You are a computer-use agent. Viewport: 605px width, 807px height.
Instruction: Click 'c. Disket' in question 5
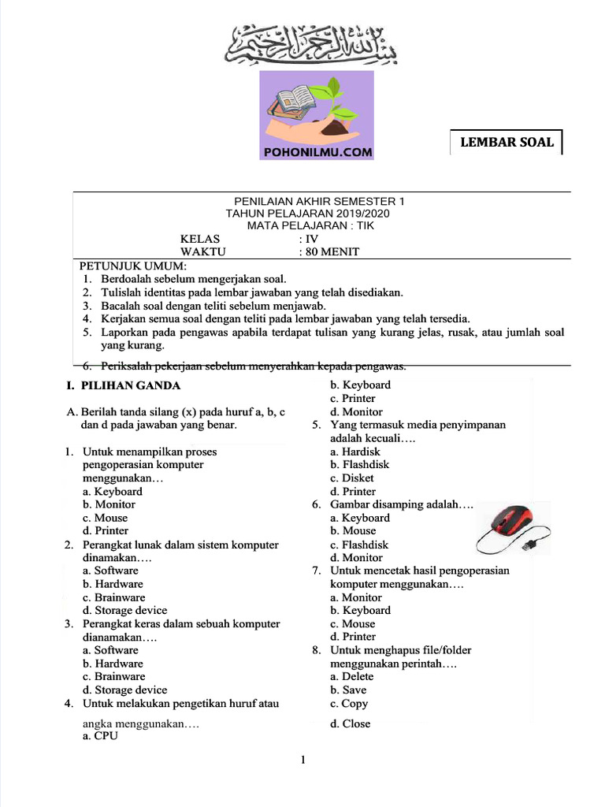[352, 478]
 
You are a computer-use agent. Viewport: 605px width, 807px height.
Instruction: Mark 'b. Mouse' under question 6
[353, 530]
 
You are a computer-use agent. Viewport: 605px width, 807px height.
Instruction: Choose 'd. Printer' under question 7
[353, 636]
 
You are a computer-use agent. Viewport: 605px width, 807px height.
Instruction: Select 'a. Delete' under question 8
[352, 676]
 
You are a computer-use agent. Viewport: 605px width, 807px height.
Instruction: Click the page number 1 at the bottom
[302, 761]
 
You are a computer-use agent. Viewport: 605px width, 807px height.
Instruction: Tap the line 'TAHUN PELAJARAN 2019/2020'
[307, 214]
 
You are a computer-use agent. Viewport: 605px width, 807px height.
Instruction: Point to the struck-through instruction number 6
[244, 366]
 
